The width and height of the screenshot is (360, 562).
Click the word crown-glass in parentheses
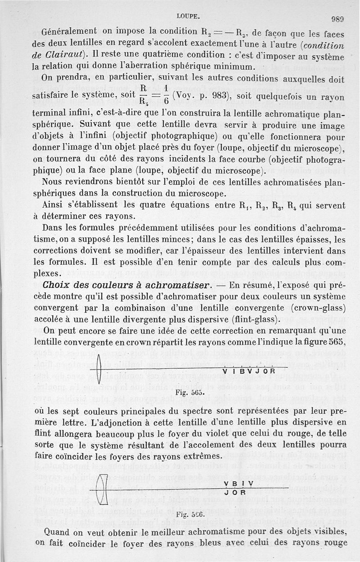tap(319, 308)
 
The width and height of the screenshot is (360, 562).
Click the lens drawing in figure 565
tap(99, 370)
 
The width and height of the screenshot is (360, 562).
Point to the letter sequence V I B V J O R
tap(249, 371)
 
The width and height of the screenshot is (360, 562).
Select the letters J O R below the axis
tap(234, 492)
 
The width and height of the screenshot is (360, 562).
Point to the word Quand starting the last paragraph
tap(57, 531)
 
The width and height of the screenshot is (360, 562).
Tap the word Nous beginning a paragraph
tap(53, 183)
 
